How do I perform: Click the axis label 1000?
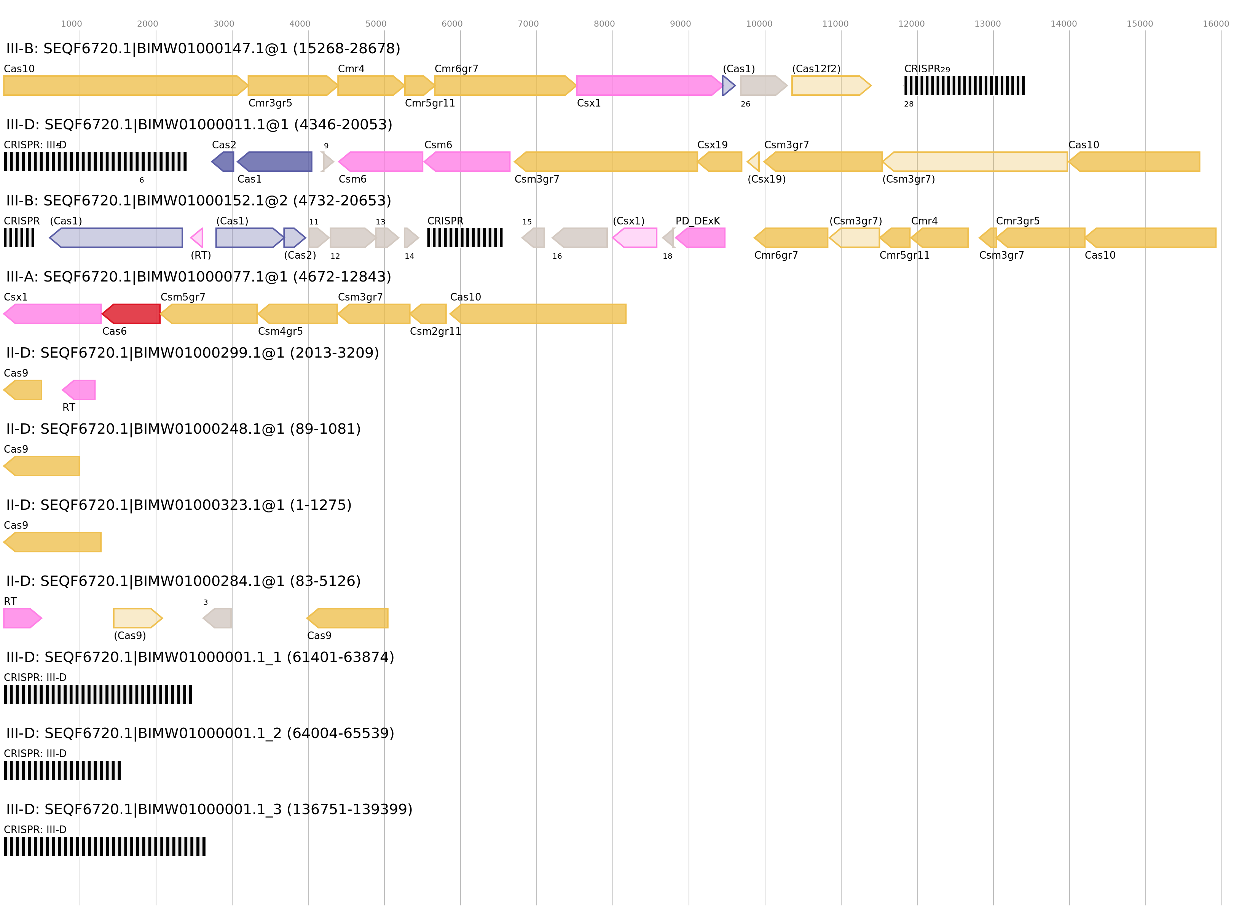click(x=71, y=24)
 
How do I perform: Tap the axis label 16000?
click(x=1216, y=24)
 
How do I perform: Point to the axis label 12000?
click(x=911, y=24)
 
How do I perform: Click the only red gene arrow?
click(x=132, y=314)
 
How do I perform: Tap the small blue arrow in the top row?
click(x=728, y=86)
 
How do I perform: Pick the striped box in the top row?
click(x=964, y=86)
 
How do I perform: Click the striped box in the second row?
click(x=95, y=161)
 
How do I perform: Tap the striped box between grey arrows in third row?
click(x=464, y=238)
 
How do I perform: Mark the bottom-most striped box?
click(x=105, y=846)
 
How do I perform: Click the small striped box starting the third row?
click(x=19, y=238)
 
